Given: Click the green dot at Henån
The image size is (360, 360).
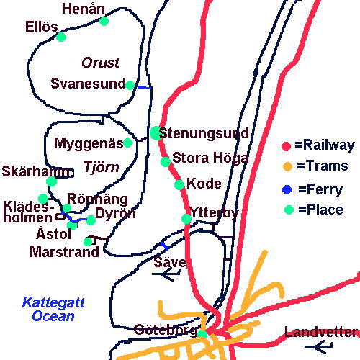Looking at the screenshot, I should click(x=104, y=21).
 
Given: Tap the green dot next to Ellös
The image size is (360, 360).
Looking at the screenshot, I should click(x=61, y=37).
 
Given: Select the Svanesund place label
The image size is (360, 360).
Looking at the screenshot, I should click(x=88, y=84).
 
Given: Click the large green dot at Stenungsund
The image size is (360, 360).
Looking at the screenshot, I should click(x=156, y=133).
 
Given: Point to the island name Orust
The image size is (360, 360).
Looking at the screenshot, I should click(x=100, y=63).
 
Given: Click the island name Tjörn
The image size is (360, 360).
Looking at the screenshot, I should click(x=99, y=165).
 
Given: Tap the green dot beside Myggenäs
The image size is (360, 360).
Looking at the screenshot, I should click(x=128, y=143).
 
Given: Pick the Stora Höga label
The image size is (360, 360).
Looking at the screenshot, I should click(x=210, y=158).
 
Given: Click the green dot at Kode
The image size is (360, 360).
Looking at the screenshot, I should click(x=179, y=185).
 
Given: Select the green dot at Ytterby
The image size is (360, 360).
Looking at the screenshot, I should click(x=186, y=219).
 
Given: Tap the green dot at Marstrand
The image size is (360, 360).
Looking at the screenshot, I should click(x=88, y=241).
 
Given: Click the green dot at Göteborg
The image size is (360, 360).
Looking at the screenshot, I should click(x=202, y=333).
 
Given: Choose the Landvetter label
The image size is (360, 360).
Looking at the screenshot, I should click(x=321, y=332).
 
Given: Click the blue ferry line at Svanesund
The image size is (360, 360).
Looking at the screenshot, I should click(x=143, y=88).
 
